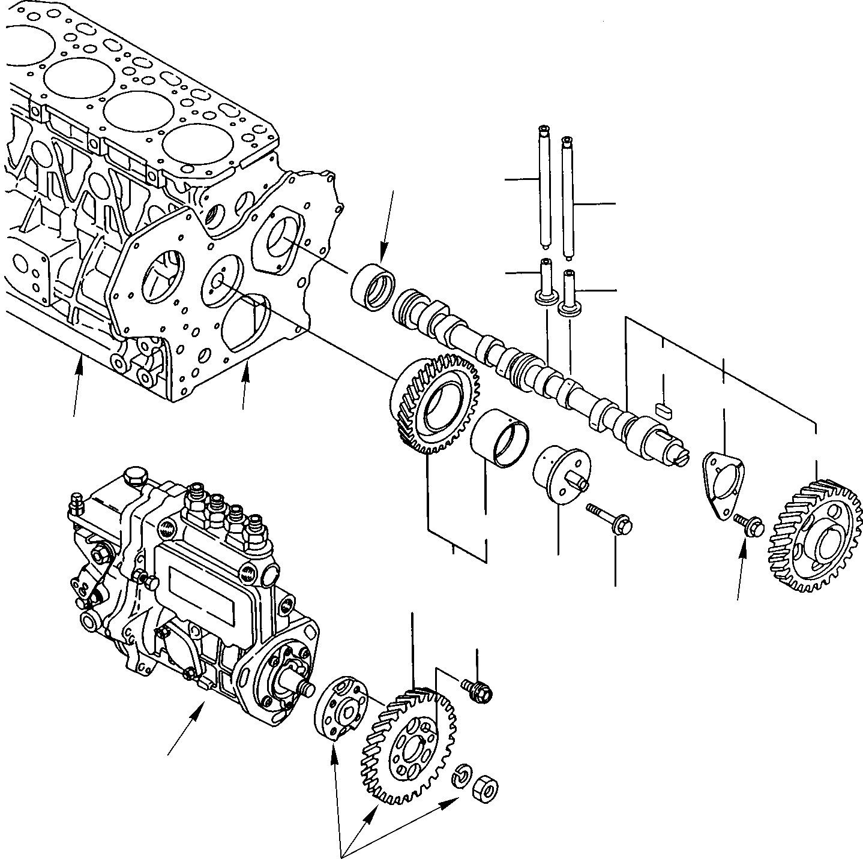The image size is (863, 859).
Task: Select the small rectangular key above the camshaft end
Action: [x=664, y=410]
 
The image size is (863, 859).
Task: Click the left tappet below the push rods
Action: [x=546, y=283]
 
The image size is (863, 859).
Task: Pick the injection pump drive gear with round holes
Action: [x=408, y=746]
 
